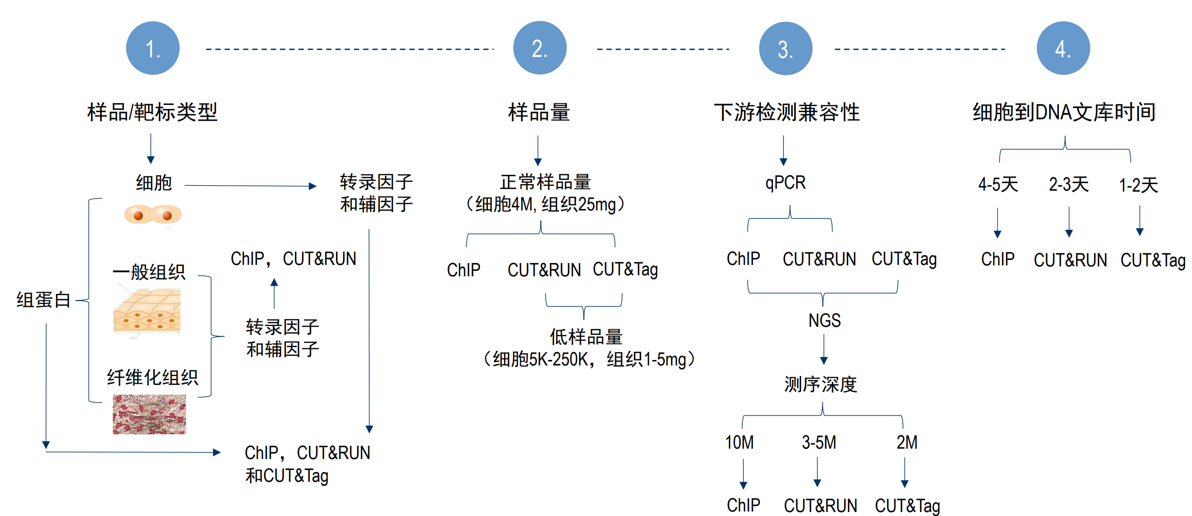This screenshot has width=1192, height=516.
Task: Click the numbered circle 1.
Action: tap(152, 48)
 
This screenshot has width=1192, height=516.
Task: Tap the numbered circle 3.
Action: tap(785, 48)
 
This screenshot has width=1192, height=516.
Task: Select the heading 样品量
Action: tap(539, 112)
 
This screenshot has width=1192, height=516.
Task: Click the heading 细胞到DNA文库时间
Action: tap(1064, 112)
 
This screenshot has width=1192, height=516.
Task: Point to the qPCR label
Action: tap(785, 183)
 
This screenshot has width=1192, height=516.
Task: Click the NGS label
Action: tap(824, 320)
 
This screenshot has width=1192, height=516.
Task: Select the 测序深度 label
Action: tap(820, 384)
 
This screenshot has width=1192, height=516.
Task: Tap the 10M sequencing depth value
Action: tap(739, 442)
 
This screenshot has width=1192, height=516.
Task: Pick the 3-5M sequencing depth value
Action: tap(819, 442)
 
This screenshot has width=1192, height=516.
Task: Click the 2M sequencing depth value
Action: tap(906, 442)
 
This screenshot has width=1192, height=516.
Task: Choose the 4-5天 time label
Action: tap(998, 185)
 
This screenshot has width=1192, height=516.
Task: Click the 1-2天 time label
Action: tap(1139, 185)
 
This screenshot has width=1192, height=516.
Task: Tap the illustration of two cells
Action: tap(152, 214)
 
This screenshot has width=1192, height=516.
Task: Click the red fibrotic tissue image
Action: tap(149, 414)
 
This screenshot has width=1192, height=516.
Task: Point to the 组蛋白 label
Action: tap(43, 300)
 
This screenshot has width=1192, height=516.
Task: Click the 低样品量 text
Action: tap(586, 337)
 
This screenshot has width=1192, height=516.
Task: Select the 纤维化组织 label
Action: tap(152, 377)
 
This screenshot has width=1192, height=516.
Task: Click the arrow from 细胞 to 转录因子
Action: tap(250, 186)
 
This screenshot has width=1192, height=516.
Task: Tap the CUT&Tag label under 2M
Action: tap(907, 506)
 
